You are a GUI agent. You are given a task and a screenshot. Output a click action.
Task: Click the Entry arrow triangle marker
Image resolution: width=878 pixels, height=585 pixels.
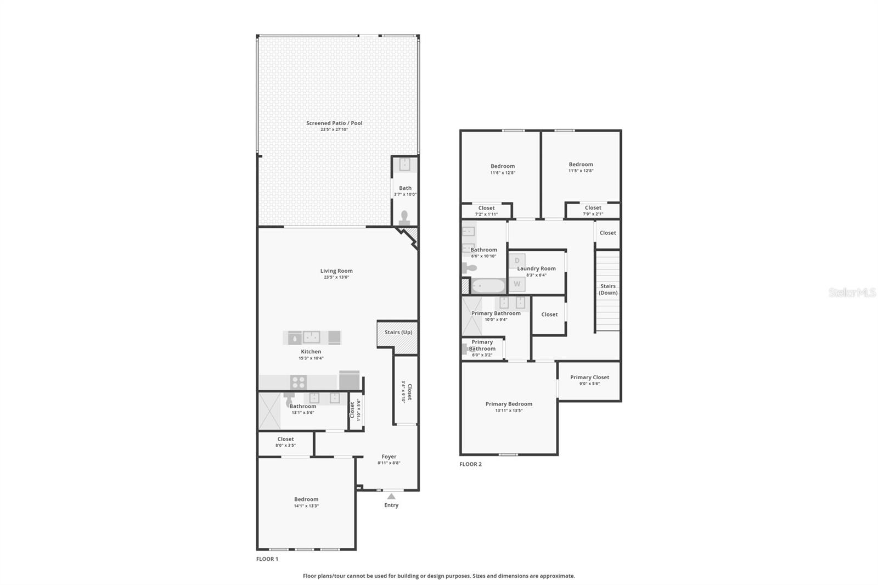(391, 496)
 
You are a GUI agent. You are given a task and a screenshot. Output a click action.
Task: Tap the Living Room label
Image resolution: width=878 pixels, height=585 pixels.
(336, 271)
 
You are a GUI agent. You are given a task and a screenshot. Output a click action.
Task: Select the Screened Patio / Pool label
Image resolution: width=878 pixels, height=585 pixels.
(334, 123)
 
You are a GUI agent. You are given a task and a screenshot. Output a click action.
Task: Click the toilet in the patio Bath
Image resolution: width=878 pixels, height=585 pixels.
(405, 217)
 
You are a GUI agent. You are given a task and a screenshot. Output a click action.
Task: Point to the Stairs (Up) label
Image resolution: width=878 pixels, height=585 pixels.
(398, 332)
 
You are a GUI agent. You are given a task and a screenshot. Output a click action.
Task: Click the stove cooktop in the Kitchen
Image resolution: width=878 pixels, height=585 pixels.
(298, 382)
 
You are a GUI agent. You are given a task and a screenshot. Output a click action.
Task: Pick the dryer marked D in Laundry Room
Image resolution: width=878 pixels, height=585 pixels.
(517, 261)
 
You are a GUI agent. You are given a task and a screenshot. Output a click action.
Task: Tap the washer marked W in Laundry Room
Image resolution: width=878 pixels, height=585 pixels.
(517, 284)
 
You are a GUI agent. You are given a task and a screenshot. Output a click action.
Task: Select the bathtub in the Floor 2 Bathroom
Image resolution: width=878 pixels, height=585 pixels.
(488, 286)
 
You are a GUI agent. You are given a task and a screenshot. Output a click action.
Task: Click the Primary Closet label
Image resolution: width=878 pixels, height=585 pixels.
(589, 377)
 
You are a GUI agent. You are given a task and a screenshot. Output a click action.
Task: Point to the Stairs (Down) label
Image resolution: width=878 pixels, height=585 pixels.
(607, 289)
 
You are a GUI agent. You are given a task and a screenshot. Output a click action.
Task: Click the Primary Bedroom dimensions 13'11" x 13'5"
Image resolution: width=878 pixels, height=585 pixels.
(509, 410)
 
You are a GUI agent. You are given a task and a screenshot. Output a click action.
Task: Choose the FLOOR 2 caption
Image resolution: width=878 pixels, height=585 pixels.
(470, 464)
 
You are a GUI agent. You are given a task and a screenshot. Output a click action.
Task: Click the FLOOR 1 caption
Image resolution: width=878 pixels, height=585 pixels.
(267, 559)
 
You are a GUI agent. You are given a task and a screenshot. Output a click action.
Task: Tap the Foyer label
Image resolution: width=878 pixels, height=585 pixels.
(389, 457)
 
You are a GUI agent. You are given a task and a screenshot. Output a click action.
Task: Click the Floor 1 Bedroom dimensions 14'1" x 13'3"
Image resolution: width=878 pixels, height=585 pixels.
(306, 506)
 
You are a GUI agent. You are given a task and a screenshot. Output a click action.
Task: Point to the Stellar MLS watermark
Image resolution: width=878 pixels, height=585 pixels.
(852, 293)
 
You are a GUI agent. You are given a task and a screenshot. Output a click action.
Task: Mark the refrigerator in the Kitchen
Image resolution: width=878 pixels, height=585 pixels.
(350, 380)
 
